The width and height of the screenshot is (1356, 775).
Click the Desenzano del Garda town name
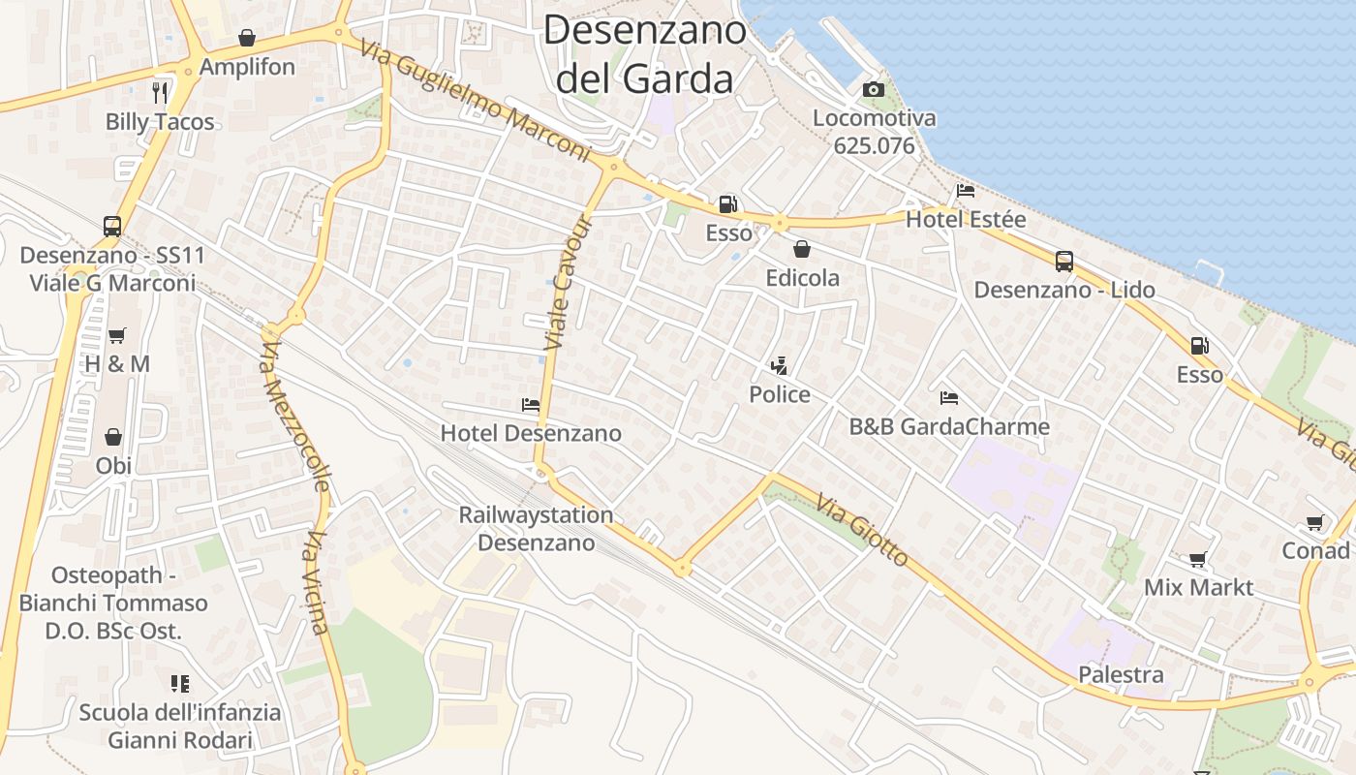pyautogui.click(x=644, y=53)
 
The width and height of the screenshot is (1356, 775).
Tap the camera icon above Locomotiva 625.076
pyautogui.click(x=873, y=90)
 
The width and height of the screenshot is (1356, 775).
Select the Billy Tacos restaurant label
pyautogui.click(x=160, y=122)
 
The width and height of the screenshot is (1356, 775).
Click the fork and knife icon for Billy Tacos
pyautogui.click(x=160, y=92)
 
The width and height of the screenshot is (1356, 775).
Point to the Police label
pyautogui.click(x=780, y=394)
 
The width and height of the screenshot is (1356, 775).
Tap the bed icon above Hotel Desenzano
pyautogui.click(x=531, y=404)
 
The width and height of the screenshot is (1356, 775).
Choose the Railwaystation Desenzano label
pyautogui.click(x=536, y=529)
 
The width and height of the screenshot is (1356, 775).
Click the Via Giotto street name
pyautogui.click(x=862, y=531)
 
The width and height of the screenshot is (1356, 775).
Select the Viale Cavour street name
pyautogui.click(x=568, y=283)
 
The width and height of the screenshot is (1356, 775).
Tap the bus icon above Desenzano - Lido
pyautogui.click(x=1064, y=261)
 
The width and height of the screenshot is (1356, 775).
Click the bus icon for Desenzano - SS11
pyautogui.click(x=112, y=227)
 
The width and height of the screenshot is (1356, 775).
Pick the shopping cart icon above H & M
pyautogui.click(x=117, y=335)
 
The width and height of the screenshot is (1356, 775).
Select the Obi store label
pyautogui.click(x=113, y=465)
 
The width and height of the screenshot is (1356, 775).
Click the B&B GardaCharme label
pyautogui.click(x=949, y=426)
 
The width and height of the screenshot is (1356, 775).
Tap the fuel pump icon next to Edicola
pyautogui.click(x=727, y=204)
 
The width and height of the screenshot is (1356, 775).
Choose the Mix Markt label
pyautogui.click(x=1198, y=587)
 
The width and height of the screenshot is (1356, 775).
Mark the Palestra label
pyautogui.click(x=1122, y=674)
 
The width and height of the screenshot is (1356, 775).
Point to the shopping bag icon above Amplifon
pyautogui.click(x=247, y=38)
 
